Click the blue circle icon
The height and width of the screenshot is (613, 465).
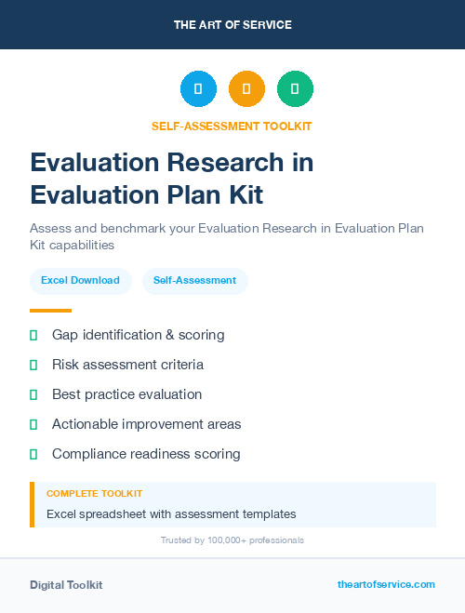(x=198, y=89)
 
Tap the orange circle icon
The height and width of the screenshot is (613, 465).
(x=246, y=89)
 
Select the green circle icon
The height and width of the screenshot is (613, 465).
(x=295, y=89)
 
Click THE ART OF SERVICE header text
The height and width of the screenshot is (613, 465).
(x=232, y=25)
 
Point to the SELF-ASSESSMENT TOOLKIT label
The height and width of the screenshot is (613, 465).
(x=232, y=127)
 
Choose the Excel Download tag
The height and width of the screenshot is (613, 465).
(x=80, y=280)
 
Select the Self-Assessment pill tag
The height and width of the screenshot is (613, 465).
(x=194, y=280)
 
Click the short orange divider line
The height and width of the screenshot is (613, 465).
(x=50, y=311)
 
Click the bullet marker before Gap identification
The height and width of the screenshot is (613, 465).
(x=33, y=335)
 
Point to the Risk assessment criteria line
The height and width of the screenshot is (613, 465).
(x=127, y=365)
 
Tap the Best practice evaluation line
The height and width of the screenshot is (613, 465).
(x=126, y=394)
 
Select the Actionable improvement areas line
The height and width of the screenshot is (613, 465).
(x=146, y=424)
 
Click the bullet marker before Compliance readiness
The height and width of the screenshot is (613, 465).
(x=33, y=454)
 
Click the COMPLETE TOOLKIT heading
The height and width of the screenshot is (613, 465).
(x=94, y=494)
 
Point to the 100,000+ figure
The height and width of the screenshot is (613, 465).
(x=216, y=540)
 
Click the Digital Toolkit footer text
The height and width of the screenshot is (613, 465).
(x=66, y=585)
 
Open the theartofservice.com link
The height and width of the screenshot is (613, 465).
(x=386, y=584)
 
